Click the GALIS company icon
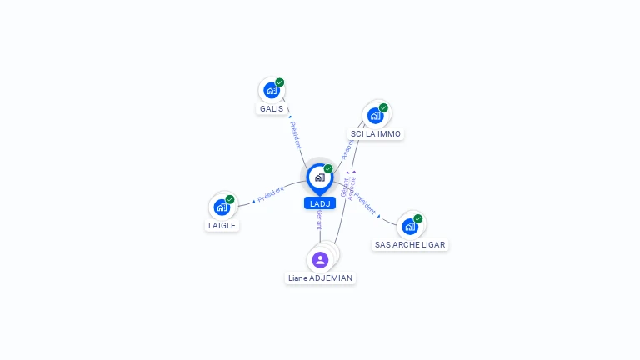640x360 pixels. tap(271, 90)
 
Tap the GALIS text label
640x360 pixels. tap(272, 109)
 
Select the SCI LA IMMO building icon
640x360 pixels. tap(375, 115)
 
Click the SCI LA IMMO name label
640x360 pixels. tap(376, 133)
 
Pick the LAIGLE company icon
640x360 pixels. tap(222, 207)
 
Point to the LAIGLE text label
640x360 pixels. tap(222, 225)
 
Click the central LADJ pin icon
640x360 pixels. tap(319, 177)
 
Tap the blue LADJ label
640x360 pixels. tap(320, 203)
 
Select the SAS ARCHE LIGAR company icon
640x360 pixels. tap(409, 226)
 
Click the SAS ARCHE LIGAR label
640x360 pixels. tap(410, 245)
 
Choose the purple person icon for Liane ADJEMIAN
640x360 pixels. tap(320, 259)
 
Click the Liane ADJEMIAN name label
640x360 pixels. tap(320, 277)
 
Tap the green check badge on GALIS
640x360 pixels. tap(280, 82)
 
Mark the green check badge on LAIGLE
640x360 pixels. tap(230, 199)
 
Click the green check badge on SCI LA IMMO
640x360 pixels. tap(383, 107)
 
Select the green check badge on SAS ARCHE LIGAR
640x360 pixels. tap(418, 218)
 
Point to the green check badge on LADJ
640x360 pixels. tap(328, 169)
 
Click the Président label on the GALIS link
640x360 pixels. tap(296, 134)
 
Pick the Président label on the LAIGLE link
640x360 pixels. tap(271, 194)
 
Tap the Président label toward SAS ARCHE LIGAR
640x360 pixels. tap(365, 205)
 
